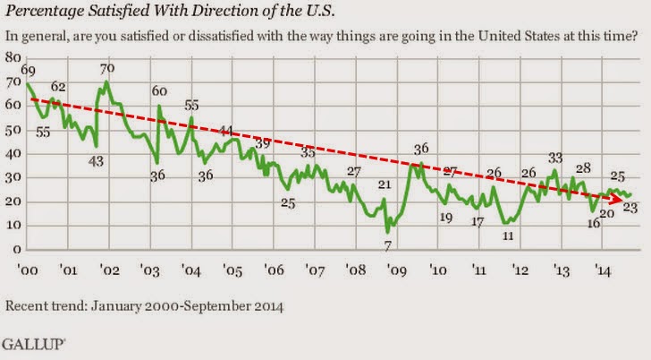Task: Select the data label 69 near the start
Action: pos(28,70)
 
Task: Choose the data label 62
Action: pos(59,87)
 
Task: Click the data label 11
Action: pos(508,236)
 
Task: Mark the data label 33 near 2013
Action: pos(555,159)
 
